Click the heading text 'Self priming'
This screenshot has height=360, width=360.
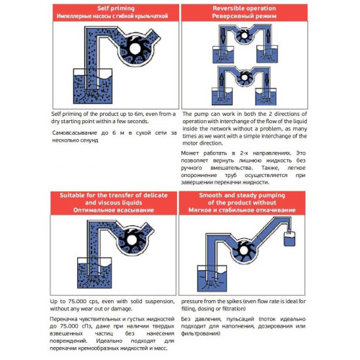click(x=114, y=6)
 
